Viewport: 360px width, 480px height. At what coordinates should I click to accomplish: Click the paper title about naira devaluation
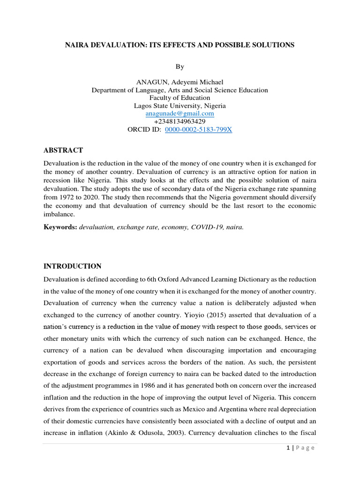tap(180, 45)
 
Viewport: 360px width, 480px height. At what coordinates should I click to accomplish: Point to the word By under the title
tap(180, 67)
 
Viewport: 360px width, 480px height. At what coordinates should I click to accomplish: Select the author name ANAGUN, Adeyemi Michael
tap(180, 82)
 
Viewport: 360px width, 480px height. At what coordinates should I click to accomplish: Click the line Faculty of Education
tap(180, 98)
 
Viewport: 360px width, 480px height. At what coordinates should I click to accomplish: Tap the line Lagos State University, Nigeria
tap(180, 106)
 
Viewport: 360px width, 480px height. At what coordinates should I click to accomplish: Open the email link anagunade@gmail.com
tap(180, 113)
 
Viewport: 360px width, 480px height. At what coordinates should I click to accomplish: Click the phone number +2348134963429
tap(180, 121)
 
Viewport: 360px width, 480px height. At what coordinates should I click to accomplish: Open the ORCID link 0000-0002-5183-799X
tap(198, 129)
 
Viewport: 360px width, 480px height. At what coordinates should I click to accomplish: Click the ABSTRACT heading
tap(63, 150)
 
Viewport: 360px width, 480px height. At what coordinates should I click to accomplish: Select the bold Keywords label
tap(60, 227)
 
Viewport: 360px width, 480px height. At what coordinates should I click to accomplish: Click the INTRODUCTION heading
tap(72, 266)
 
